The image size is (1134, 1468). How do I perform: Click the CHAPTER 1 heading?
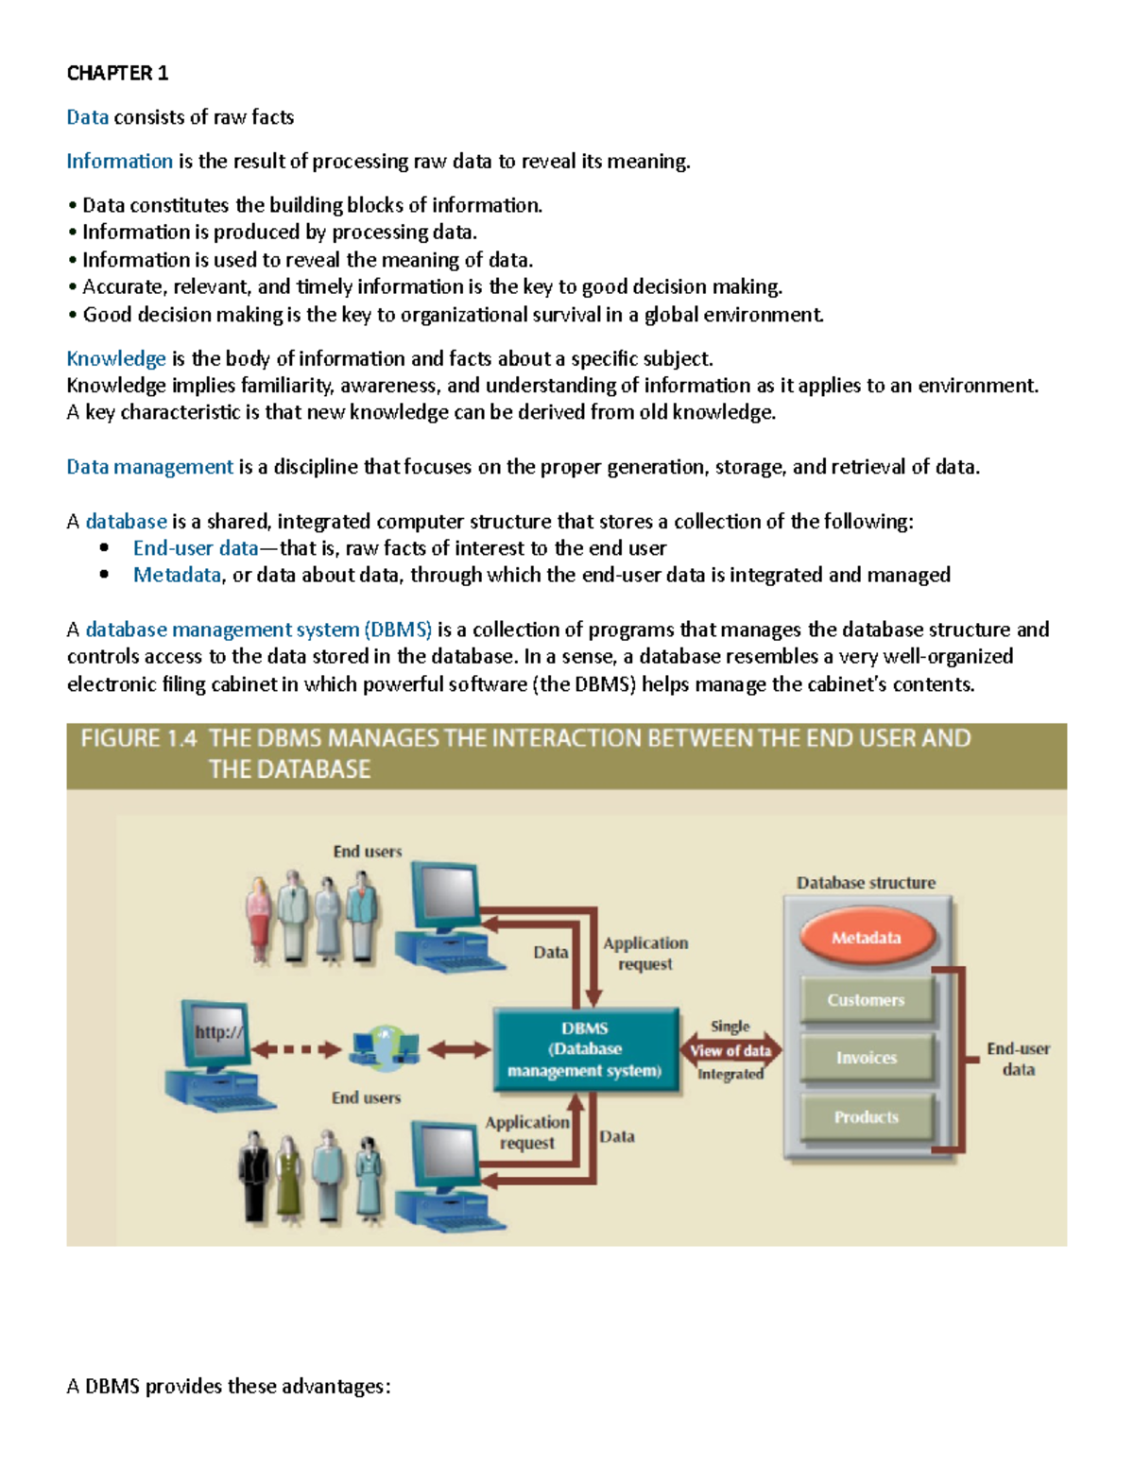(117, 73)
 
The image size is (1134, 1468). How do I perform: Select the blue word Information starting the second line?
(119, 161)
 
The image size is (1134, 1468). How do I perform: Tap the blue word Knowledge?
(115, 358)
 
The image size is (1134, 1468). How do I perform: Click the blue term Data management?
(149, 467)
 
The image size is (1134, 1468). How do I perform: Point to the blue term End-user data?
(195, 548)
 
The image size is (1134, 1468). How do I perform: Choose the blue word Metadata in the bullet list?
(177, 575)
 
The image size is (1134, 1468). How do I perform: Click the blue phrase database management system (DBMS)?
(258, 630)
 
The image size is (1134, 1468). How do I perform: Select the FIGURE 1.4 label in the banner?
(139, 739)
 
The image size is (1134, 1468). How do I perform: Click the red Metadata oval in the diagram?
(867, 938)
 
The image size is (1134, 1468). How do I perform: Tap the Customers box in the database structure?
(866, 1000)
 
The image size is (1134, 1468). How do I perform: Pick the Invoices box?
(866, 1058)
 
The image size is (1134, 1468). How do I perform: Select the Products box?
(866, 1117)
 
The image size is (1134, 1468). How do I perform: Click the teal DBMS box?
(585, 1049)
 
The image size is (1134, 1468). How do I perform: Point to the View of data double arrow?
(730, 1050)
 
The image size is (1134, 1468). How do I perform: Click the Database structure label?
(866, 883)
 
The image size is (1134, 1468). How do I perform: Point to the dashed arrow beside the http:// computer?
(296, 1049)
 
